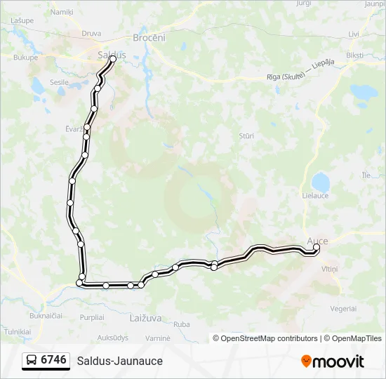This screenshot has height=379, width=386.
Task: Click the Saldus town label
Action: tap(112, 54)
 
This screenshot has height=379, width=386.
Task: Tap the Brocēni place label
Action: tap(149, 38)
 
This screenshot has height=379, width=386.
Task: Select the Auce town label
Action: tap(317, 240)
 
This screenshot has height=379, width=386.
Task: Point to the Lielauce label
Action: tap(315, 196)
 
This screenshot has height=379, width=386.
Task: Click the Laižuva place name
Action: tap(146, 318)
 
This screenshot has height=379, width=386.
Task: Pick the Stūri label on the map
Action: tap(246, 135)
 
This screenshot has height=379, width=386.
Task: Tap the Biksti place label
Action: tap(355, 55)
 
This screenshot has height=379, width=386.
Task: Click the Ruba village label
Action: tap(182, 324)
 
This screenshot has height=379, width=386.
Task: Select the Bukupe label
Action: tap(25, 58)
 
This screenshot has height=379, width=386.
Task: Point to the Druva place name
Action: tap(91, 33)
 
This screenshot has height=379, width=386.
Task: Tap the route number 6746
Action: tap(54, 360)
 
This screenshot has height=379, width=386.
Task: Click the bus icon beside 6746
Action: tap(32, 361)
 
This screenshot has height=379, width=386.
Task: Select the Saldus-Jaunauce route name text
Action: tap(120, 361)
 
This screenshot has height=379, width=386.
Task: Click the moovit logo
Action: tap(333, 361)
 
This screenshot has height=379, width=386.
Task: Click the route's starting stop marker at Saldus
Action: tap(112, 60)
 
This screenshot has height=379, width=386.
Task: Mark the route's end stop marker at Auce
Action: tap(316, 247)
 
